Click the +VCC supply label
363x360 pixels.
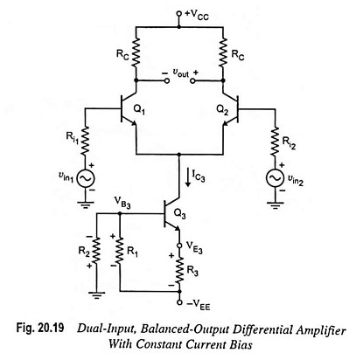tap(198, 15)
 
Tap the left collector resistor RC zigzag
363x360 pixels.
tap(136, 53)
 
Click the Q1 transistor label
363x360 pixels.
tap(139, 110)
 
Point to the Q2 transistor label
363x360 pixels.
tap(222, 110)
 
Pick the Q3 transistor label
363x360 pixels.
tap(179, 214)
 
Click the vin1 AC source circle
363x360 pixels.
tap(86, 179)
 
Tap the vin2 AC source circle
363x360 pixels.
tap(275, 178)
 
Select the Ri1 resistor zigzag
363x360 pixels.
tap(86, 141)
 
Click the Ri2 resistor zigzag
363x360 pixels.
tap(275, 141)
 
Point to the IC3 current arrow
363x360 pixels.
tap(188, 177)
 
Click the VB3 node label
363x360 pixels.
tap(122, 203)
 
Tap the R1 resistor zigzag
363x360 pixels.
tap(120, 252)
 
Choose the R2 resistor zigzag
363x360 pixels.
tap(96, 252)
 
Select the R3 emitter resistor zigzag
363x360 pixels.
tap(179, 270)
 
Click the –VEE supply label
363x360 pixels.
tap(199, 306)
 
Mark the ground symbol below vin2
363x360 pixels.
tap(275, 205)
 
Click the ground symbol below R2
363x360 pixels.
tap(96, 295)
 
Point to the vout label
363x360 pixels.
tap(181, 73)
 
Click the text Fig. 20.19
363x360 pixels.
tap(40, 328)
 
